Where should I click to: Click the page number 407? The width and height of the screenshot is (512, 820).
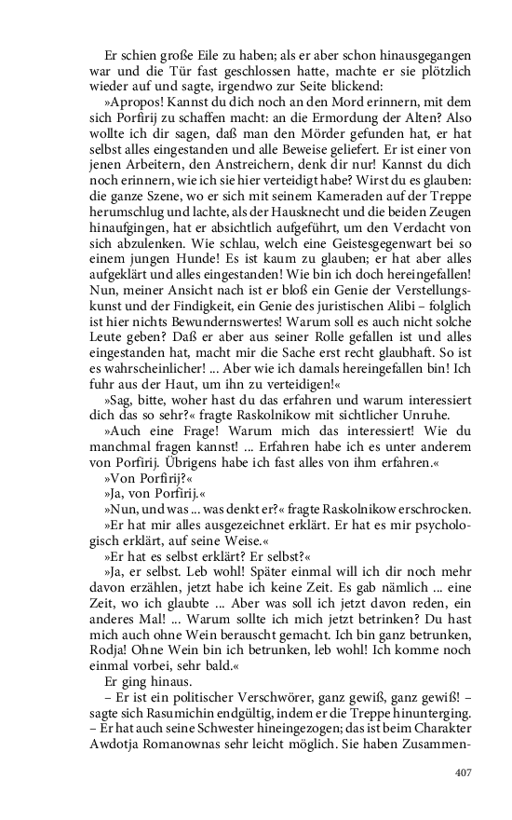pos(465,772)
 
